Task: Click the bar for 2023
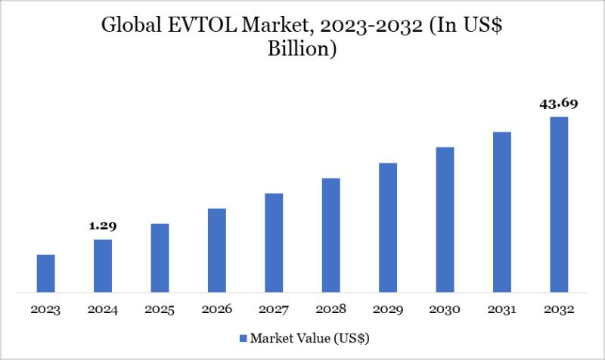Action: pyautogui.click(x=45, y=273)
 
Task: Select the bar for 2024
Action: pyautogui.click(x=103, y=265)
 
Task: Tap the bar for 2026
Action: pyautogui.click(x=216, y=250)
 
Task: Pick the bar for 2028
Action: pyautogui.click(x=330, y=234)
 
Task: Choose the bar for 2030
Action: pyautogui.click(x=445, y=219)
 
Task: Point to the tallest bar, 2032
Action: pyautogui.click(x=559, y=204)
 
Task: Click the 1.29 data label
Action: pyautogui.click(x=103, y=225)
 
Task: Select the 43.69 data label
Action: pyautogui.click(x=559, y=104)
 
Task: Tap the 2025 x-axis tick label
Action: pyautogui.click(x=160, y=309)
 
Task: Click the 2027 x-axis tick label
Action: pyautogui.click(x=274, y=309)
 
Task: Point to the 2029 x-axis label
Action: pyautogui.click(x=388, y=309)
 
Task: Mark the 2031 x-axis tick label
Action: pyautogui.click(x=502, y=309)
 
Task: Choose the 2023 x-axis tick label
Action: pyautogui.click(x=45, y=309)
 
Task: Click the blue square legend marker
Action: pyautogui.click(x=243, y=337)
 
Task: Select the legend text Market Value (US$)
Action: pyautogui.click(x=310, y=337)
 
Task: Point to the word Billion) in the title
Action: pyautogui.click(x=302, y=51)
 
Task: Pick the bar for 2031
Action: pyautogui.click(x=502, y=212)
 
